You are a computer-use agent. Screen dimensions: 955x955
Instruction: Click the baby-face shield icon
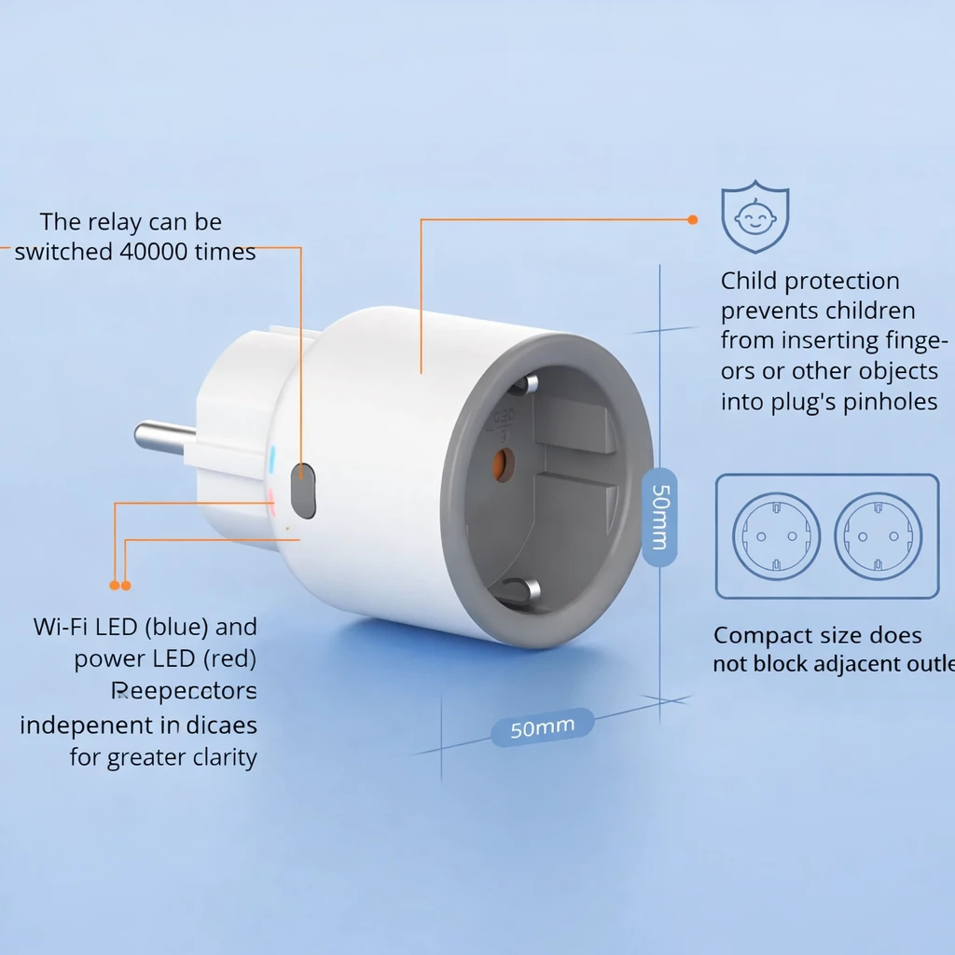pos(754,217)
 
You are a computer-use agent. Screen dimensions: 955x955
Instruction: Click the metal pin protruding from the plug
pos(164,437)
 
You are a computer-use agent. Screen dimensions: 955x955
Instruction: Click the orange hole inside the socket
pos(504,464)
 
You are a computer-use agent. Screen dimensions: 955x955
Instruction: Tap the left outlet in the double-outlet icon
pos(776,536)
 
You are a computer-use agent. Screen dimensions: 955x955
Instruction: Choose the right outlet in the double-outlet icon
pos(878,536)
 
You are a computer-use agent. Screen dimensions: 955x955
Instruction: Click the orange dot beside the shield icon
pos(692,220)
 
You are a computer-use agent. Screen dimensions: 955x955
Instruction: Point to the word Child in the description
pos(749,281)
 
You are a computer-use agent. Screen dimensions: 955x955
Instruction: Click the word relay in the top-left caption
pos(125,222)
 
